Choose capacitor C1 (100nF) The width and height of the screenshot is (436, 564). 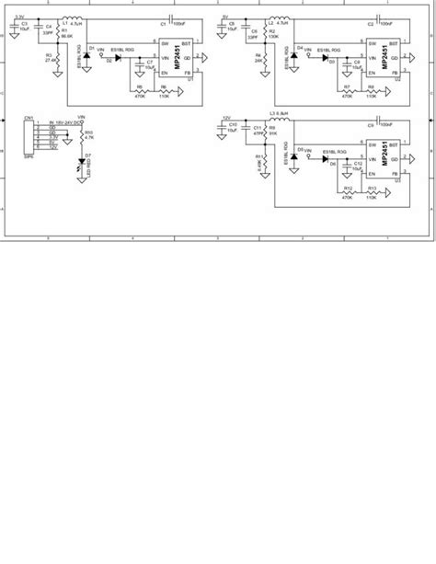(x=171, y=21)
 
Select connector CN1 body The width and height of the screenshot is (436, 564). (x=30, y=135)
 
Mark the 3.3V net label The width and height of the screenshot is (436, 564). (x=18, y=17)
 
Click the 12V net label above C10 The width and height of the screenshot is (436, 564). (x=226, y=119)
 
